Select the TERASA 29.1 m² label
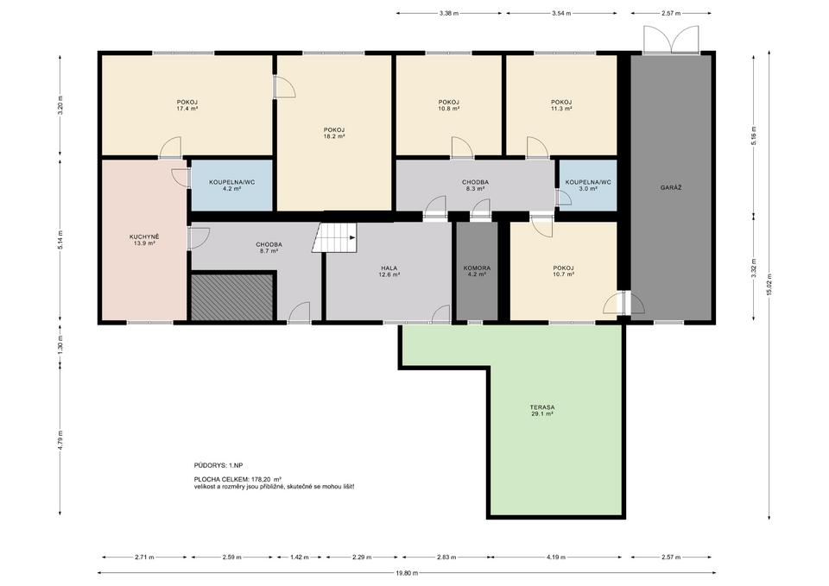(x=542, y=411)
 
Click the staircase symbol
(x=334, y=237)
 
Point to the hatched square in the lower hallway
(x=231, y=296)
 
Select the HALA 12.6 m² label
(x=389, y=271)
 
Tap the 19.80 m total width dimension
(x=407, y=573)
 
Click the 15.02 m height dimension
(x=769, y=285)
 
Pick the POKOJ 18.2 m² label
(x=334, y=133)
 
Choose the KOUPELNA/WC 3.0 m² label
(x=588, y=185)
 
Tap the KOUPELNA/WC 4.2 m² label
(x=231, y=185)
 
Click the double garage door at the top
(x=671, y=39)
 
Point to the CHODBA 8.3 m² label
(x=475, y=185)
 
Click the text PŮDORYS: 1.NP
(x=218, y=465)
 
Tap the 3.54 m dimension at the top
(x=561, y=13)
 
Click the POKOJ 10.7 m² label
(x=564, y=271)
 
